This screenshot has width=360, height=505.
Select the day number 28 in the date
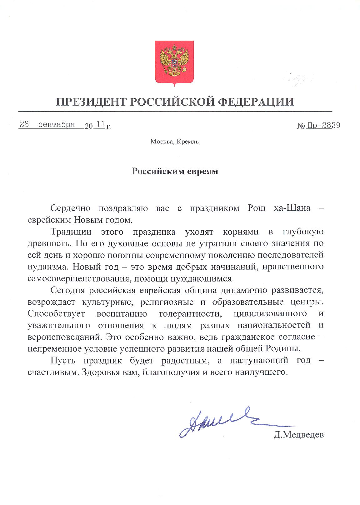coord(24,125)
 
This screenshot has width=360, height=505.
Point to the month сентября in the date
coord(57,125)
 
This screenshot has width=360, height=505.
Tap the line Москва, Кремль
coord(175,142)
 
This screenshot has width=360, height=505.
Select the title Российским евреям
coord(175,171)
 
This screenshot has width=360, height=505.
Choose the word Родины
coord(285,348)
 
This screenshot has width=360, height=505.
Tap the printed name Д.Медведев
coord(298,435)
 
